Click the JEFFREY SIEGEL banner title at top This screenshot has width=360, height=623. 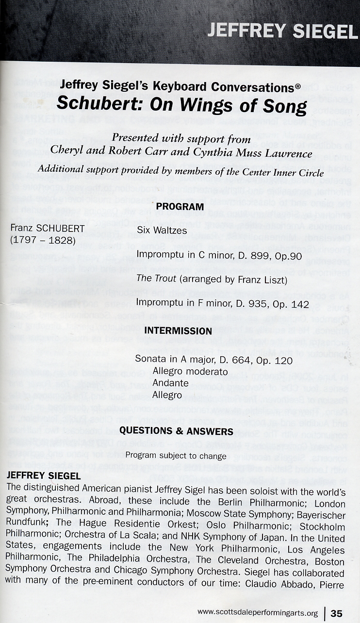(x=282, y=31)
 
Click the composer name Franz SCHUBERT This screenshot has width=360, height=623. (x=43, y=229)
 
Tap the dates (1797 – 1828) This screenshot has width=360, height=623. (x=43, y=240)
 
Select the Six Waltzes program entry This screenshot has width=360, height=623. (x=162, y=230)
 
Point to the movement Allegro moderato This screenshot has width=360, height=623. (x=190, y=372)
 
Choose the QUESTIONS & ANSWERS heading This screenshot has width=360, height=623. (x=176, y=431)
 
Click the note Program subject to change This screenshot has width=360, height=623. (x=176, y=456)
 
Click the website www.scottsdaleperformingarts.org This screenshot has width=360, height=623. (x=258, y=613)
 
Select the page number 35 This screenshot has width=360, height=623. (x=337, y=613)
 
